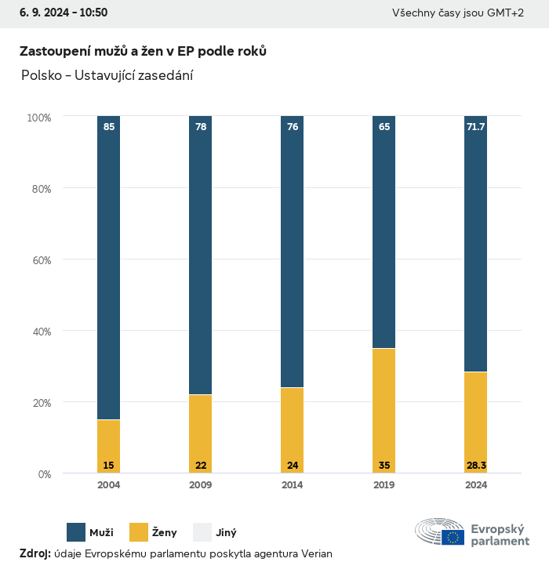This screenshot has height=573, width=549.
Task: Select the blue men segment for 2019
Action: (x=384, y=232)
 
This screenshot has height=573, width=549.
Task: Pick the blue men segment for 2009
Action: (x=201, y=255)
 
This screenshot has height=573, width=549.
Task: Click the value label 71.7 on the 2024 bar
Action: (x=476, y=127)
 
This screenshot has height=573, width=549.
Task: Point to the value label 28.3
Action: (x=476, y=466)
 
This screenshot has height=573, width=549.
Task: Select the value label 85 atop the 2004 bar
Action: (x=109, y=127)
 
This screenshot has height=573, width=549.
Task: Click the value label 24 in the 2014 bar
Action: (x=293, y=466)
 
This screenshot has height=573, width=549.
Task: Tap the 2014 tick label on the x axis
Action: (x=293, y=485)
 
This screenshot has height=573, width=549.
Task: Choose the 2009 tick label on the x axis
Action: (x=201, y=485)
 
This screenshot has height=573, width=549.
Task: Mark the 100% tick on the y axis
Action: (x=38, y=118)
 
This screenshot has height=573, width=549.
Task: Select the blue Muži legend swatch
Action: (x=76, y=532)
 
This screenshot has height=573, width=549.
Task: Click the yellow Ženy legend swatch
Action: (x=139, y=532)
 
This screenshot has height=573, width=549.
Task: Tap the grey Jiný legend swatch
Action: (x=202, y=532)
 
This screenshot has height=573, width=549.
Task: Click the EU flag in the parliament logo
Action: (x=453, y=537)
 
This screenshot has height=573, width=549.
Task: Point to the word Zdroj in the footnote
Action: (x=35, y=554)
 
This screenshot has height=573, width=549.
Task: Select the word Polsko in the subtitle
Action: (x=41, y=76)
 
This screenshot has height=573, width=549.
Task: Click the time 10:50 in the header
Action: (x=93, y=13)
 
